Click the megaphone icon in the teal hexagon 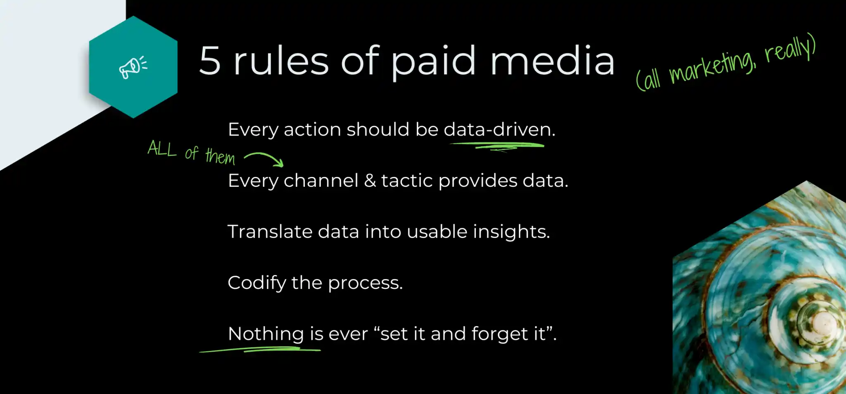(x=133, y=67)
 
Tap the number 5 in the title (x=210, y=61)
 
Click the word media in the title (x=552, y=61)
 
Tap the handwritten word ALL (x=162, y=148)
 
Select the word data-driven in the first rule (x=499, y=129)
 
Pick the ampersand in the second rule (x=370, y=181)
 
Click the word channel (x=321, y=181)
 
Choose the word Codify (x=257, y=283)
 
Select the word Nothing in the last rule (x=266, y=334)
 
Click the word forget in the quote (x=499, y=334)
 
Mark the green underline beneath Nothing (x=260, y=350)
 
